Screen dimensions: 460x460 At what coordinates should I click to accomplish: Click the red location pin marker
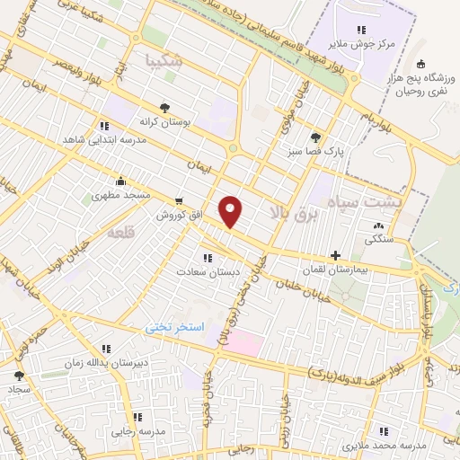tap(232, 211)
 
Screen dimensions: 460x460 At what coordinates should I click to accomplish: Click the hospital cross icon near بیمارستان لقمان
tap(336, 255)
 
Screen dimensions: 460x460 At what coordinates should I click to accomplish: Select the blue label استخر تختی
tap(176, 327)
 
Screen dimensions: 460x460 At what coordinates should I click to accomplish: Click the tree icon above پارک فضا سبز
tap(314, 137)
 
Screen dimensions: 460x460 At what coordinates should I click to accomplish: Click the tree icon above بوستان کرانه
tap(164, 106)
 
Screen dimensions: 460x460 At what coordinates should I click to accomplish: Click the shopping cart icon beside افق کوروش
tap(181, 201)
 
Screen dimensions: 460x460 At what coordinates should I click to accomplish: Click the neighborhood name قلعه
tap(120, 233)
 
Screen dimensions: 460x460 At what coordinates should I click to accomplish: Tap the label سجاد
tap(20, 390)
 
